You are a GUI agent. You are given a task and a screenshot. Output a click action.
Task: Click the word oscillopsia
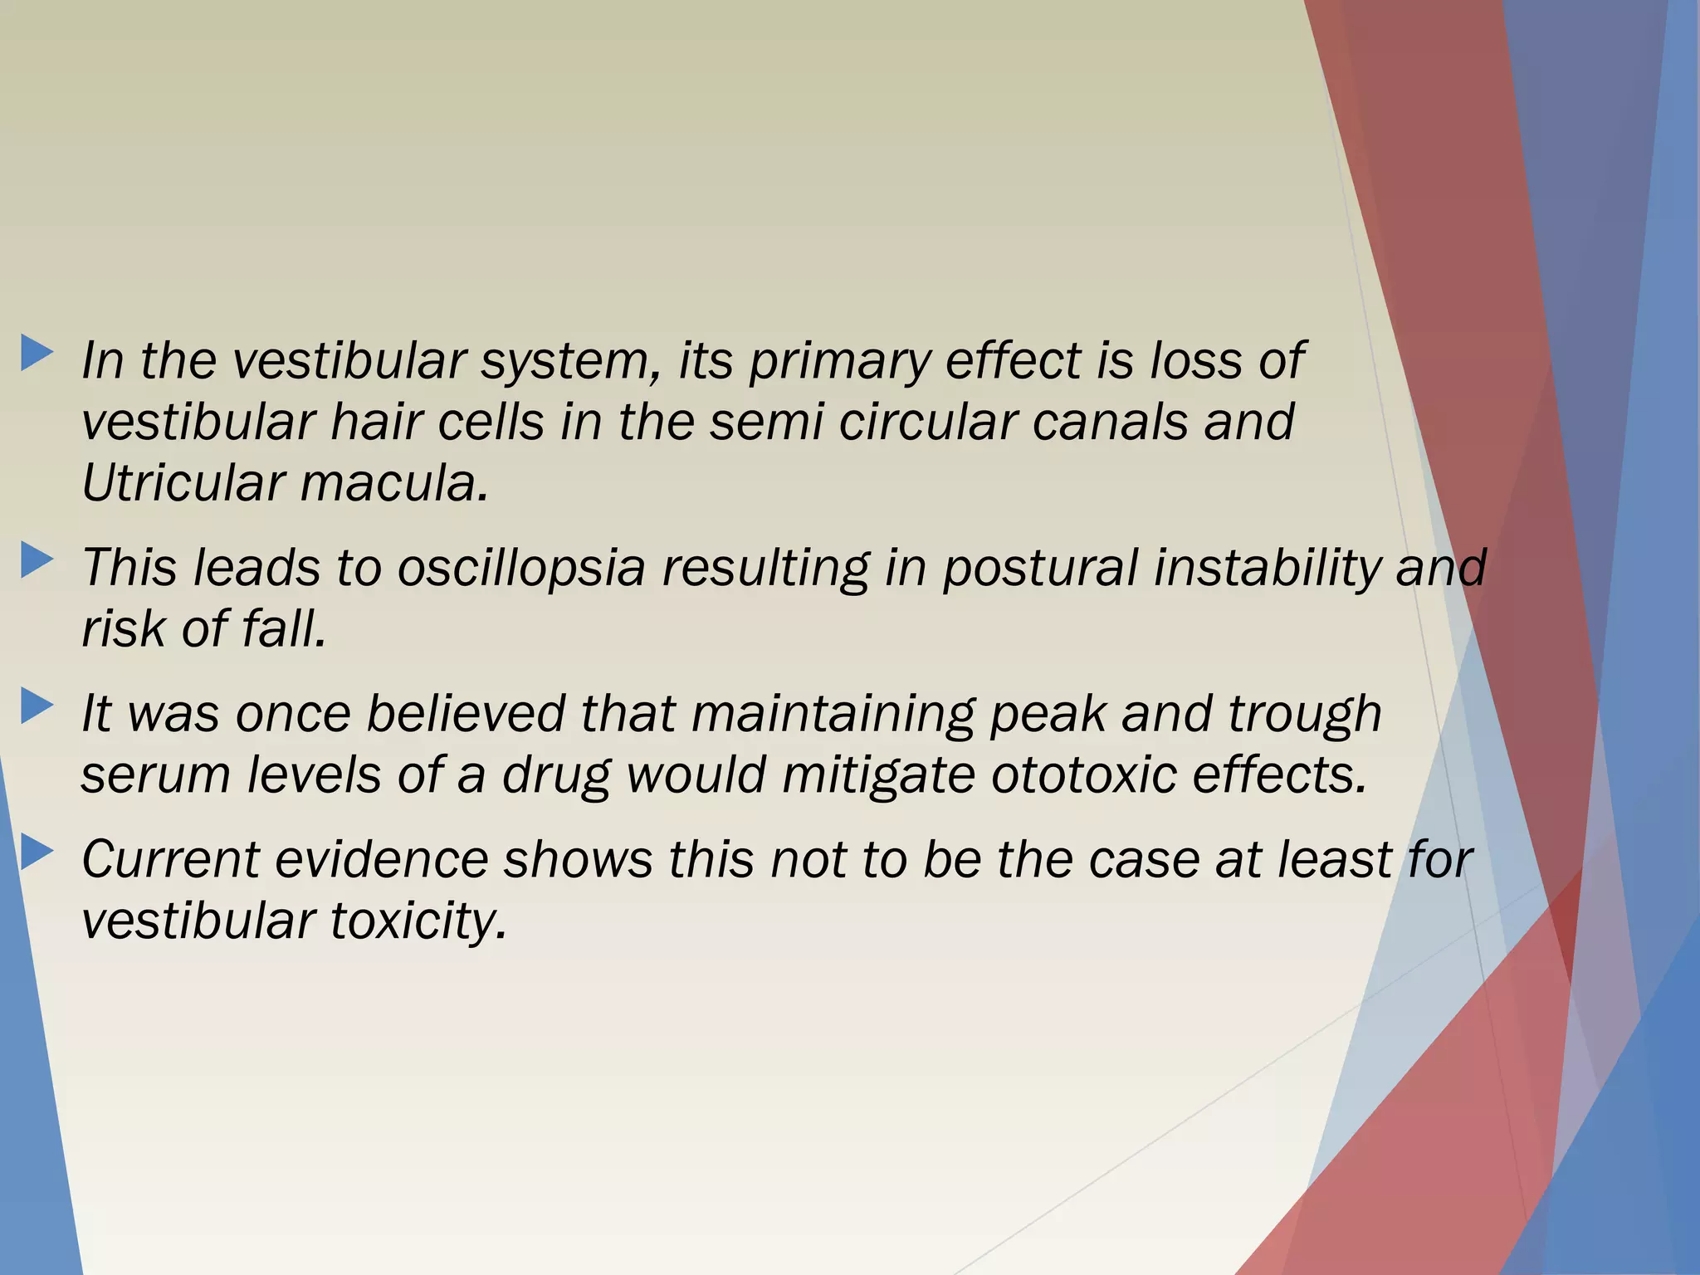520,569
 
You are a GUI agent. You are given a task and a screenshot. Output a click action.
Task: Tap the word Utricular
182,483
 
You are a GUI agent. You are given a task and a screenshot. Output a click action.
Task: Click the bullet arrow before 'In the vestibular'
37,353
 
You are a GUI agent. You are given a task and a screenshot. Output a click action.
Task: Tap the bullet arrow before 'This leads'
37,560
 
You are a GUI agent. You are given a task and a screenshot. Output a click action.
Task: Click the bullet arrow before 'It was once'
37,706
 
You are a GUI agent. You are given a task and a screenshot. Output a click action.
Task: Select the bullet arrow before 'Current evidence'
37,852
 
